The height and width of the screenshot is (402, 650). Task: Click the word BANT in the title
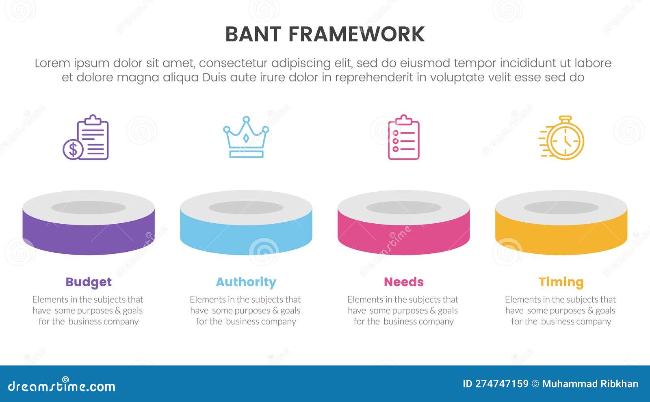[253, 34]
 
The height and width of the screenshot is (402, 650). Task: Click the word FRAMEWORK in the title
[356, 34]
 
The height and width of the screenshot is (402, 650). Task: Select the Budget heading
[89, 282]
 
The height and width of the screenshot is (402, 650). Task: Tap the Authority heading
[246, 282]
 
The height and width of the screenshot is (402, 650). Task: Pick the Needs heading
[403, 282]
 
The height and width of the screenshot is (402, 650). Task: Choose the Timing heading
[561, 282]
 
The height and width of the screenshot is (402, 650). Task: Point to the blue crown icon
[246, 137]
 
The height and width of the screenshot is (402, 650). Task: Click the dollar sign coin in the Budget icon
[73, 149]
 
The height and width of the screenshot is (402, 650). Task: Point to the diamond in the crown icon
[246, 138]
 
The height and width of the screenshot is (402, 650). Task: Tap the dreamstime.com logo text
[62, 386]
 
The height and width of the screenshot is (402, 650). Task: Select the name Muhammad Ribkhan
[590, 384]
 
